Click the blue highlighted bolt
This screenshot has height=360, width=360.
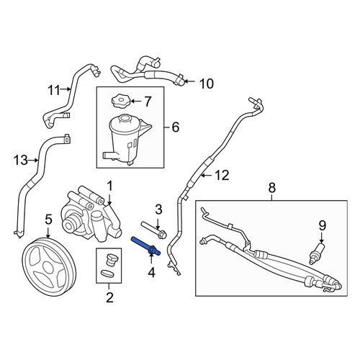pyautogui.click(x=146, y=246)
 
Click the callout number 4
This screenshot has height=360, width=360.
pyautogui.click(x=151, y=273)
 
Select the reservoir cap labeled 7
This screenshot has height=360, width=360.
pyautogui.click(x=120, y=102)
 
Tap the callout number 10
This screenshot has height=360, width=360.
pyautogui.click(x=207, y=84)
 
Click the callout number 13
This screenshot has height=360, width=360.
pyautogui.click(x=21, y=161)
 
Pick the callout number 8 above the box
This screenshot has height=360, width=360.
pyautogui.click(x=271, y=188)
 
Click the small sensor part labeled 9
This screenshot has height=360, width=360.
pyautogui.click(x=316, y=253)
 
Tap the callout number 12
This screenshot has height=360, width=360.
pyautogui.click(x=222, y=176)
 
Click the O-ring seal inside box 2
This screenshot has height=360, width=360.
pyautogui.click(x=107, y=274)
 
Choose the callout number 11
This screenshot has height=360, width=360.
pyautogui.click(x=54, y=91)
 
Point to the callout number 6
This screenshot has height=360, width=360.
pyautogui.click(x=176, y=127)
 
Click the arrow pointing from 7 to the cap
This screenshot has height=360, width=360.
pyautogui.click(x=136, y=102)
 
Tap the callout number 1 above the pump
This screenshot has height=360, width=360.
pyautogui.click(x=109, y=186)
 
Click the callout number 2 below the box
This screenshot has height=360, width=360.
pyautogui.click(x=109, y=297)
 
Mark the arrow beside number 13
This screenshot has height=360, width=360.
pyautogui.click(x=34, y=161)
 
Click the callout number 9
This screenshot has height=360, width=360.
pyautogui.click(x=322, y=225)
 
